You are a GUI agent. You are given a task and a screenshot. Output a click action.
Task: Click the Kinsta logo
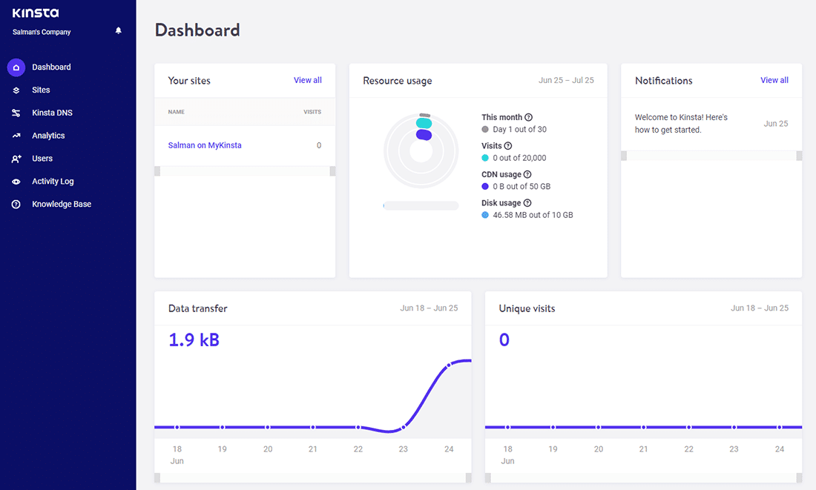click(x=36, y=13)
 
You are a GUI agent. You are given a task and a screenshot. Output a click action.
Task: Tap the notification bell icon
click(x=119, y=31)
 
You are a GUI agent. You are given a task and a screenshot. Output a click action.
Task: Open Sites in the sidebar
click(x=41, y=90)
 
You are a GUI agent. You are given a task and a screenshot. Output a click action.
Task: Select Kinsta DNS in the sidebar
click(x=52, y=113)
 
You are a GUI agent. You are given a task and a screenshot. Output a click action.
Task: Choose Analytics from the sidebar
click(x=48, y=136)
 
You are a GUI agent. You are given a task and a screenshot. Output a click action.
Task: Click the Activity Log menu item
click(x=53, y=181)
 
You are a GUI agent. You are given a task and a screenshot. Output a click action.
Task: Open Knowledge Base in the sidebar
click(x=61, y=204)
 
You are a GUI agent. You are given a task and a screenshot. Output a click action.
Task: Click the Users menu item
click(x=42, y=159)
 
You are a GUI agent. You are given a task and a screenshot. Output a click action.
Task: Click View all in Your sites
click(x=307, y=80)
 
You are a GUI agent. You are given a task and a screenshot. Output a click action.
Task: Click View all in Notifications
click(x=774, y=80)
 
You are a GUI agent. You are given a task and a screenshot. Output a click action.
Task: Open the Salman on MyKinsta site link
click(x=205, y=145)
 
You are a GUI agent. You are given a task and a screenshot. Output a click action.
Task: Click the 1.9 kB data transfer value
click(x=194, y=340)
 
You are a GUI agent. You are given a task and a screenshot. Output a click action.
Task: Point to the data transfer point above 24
click(x=449, y=365)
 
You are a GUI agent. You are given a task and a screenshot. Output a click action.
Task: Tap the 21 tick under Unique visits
click(x=643, y=449)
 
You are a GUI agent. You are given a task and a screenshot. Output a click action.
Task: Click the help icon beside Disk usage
click(x=527, y=203)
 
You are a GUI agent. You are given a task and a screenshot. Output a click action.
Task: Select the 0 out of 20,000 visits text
click(x=519, y=158)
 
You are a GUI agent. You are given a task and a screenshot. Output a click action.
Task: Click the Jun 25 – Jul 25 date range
click(x=566, y=81)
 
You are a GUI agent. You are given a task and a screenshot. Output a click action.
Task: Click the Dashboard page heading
click(x=197, y=30)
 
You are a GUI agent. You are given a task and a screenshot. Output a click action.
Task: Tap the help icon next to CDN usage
click(x=527, y=175)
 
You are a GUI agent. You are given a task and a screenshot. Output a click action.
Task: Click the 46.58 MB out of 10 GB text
click(x=533, y=215)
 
